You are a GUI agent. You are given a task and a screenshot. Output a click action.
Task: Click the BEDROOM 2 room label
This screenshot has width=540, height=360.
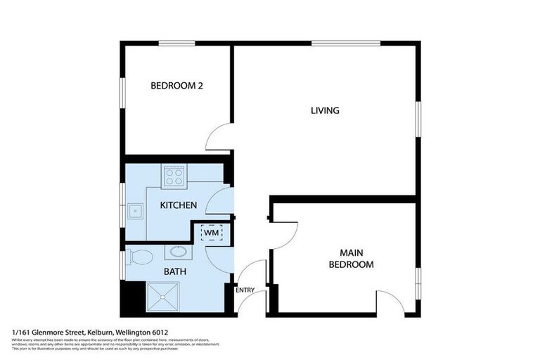[176, 86]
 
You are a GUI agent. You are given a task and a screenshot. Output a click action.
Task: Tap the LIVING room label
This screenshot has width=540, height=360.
[325, 110]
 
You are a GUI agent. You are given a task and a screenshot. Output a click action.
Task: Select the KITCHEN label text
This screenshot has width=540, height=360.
[178, 205]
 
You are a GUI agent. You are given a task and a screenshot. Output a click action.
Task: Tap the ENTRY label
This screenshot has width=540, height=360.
[245, 290]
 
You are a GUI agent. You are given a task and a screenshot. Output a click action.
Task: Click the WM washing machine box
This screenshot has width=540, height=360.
[212, 232]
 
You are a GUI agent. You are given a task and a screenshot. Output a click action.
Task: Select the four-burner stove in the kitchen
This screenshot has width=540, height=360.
[173, 176]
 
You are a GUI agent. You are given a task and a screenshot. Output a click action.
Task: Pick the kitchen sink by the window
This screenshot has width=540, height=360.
[134, 209]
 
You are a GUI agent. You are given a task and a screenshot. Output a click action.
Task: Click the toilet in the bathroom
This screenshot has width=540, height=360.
[141, 257]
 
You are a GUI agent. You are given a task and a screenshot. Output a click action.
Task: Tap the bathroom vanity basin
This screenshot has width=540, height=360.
[178, 252]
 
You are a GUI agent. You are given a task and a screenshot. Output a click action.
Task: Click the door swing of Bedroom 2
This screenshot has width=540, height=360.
[219, 137]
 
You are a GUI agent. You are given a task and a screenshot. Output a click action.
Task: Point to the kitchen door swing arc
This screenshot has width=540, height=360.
[220, 201]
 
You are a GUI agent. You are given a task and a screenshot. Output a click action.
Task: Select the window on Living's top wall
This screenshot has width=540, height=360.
[346, 44]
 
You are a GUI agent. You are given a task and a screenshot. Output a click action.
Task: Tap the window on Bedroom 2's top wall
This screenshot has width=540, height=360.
[176, 44]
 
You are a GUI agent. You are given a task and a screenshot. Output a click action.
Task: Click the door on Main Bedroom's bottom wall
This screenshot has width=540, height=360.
[390, 302]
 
